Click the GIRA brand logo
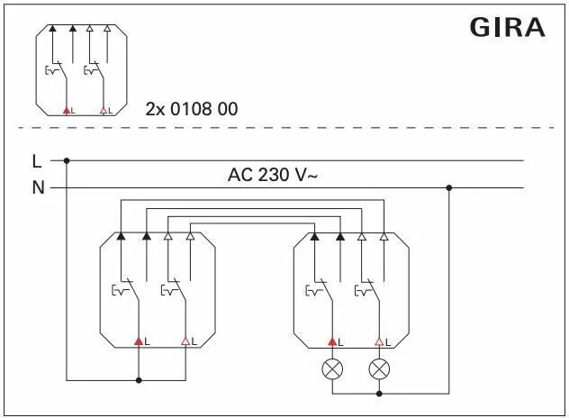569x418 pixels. (507, 28)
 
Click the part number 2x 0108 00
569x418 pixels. (192, 109)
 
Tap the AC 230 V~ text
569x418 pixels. (273, 176)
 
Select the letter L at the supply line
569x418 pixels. (36, 161)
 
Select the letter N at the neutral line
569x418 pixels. (37, 187)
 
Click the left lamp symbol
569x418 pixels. (334, 368)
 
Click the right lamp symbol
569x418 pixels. (379, 368)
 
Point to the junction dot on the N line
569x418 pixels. (449, 187)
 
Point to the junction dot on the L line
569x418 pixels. (67, 161)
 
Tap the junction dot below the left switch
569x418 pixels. (139, 380)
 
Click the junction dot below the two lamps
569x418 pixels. (379, 393)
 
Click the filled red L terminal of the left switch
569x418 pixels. (139, 341)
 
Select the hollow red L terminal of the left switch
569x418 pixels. (185, 341)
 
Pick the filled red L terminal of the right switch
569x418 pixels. (333, 341)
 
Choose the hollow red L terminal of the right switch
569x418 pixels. (379, 341)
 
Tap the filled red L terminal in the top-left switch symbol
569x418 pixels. (65, 110)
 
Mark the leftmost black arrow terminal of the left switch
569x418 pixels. (121, 236)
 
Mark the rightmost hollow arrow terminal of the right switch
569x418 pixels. (384, 236)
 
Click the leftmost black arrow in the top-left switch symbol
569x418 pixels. (52, 28)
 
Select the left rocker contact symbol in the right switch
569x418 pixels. (315, 289)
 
